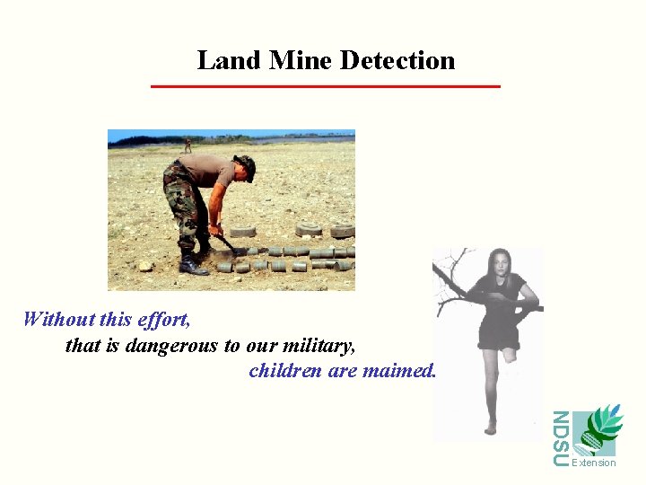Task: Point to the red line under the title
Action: [325, 86]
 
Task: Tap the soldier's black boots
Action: [192, 265]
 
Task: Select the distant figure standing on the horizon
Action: [188, 144]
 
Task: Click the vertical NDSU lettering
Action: [561, 438]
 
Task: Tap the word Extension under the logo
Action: [594, 463]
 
